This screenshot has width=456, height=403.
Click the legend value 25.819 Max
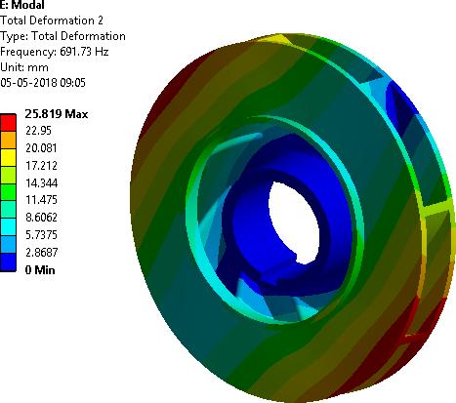[x=57, y=114]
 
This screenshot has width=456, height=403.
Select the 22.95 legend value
[x=38, y=131]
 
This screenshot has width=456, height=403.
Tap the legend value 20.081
[x=41, y=148]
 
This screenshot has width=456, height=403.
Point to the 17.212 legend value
[x=41, y=166]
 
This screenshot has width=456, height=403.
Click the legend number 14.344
[x=42, y=182]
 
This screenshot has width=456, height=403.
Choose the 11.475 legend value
[x=41, y=200]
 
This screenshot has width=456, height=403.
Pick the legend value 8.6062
[x=41, y=218]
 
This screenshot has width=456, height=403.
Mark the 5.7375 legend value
[x=41, y=235]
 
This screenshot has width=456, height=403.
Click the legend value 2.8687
[x=42, y=252]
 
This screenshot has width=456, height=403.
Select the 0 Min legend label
[x=40, y=269]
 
